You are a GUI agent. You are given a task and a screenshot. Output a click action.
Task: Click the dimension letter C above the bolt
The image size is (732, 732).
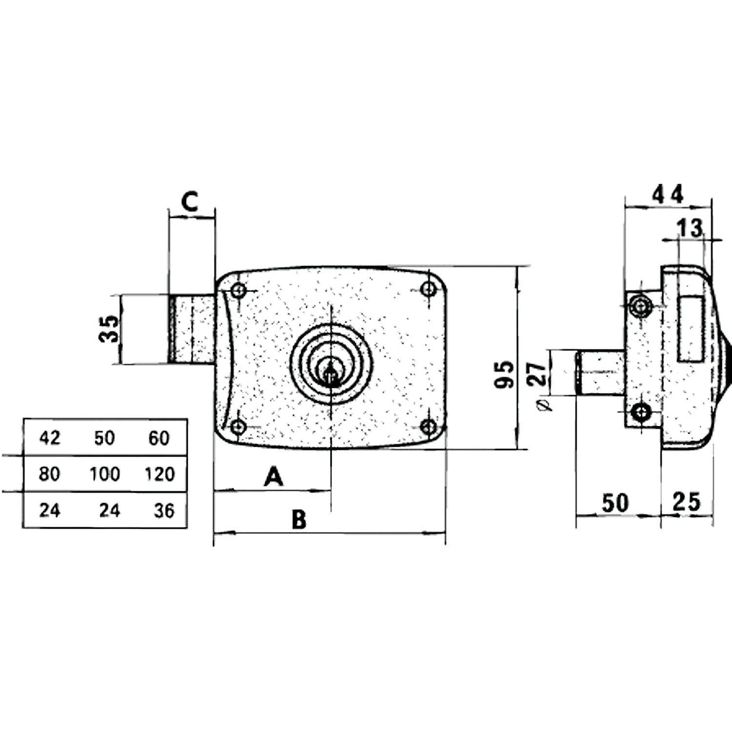pos(189,202)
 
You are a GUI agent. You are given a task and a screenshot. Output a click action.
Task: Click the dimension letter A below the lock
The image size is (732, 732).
pos(274,477)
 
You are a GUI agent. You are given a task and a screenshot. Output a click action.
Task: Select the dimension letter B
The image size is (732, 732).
pos(299,519)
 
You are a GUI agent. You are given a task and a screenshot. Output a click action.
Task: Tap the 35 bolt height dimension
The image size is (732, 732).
pos(109,329)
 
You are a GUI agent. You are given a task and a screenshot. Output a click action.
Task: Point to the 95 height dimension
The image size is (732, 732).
pos(504,374)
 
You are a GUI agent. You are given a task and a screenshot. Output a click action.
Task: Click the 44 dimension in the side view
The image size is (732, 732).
pos(667,194)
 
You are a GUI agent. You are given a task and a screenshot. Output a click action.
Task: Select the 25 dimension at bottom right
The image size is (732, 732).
pos(686,502)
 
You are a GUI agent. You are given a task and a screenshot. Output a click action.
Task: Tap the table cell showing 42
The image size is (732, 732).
pos(50,437)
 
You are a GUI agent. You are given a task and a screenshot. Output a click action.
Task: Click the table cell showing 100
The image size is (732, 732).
pos(105,474)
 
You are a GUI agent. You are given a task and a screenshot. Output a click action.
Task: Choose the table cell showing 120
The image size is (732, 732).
pos(160,474)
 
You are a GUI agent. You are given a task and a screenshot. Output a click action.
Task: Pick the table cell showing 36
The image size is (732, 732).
pos(164,511)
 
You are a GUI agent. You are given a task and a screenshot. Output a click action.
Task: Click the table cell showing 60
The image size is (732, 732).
pos(159,437)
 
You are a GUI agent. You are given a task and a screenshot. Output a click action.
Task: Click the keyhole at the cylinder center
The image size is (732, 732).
pos(331,376)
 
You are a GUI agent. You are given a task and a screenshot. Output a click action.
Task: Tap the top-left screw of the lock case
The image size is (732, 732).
pos(238,291)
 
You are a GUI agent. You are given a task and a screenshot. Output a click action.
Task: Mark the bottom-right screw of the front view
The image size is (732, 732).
pos(429,426)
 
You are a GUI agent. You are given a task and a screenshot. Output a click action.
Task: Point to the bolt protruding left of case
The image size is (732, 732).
pos(191,329)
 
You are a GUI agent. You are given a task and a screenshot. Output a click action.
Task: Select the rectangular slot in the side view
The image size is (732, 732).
pos(690,329)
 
